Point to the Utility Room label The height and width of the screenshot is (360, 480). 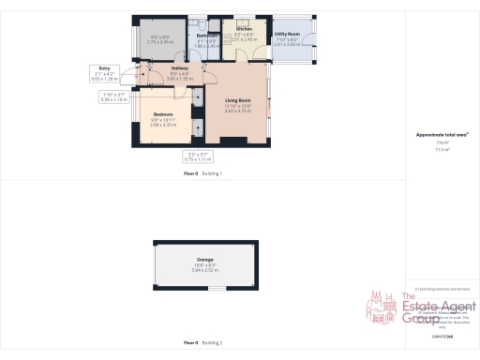coord(286,35)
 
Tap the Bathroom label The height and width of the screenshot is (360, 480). coord(207,36)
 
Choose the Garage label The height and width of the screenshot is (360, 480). coord(204,259)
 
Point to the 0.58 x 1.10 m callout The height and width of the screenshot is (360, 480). coord(114,97)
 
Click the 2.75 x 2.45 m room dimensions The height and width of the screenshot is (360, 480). coord(162,42)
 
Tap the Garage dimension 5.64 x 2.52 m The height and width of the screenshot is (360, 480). coord(204,270)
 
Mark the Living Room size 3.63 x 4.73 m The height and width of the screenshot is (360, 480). coord(238,111)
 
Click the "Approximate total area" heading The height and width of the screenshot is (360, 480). coord(442,134)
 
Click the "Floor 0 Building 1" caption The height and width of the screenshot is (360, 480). coord(202,173)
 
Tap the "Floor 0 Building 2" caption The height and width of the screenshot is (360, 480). coord(202,343)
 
